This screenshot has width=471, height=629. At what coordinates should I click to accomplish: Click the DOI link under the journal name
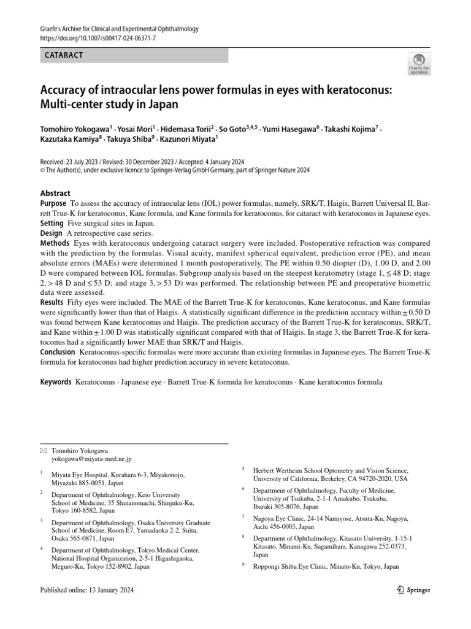pos(98,38)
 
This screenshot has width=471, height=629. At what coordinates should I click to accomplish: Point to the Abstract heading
pos(55,193)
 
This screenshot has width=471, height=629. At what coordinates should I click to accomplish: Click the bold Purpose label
pos(53,203)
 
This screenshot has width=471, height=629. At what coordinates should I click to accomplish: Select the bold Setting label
pos(52,224)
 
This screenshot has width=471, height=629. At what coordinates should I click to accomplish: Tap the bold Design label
pos(51,233)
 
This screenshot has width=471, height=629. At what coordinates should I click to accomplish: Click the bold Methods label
pos(54,244)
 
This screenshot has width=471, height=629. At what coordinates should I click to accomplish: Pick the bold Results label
pos(52,303)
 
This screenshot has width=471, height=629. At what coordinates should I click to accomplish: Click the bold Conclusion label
pos(57,352)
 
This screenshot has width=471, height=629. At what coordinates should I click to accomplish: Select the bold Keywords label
pos(55,381)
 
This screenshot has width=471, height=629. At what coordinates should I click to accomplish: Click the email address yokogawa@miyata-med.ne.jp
pos(91,459)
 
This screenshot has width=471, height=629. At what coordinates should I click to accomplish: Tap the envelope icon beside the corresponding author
pos(44,450)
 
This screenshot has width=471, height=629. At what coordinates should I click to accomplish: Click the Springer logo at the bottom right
pos(410,590)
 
